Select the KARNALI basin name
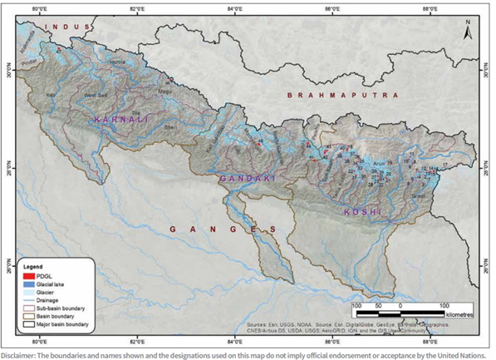(x=123, y=121)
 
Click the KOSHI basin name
(x=363, y=213)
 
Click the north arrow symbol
(x=468, y=32)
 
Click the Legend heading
(x=33, y=266)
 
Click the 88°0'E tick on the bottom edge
(x=430, y=341)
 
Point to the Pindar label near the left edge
(x=32, y=62)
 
